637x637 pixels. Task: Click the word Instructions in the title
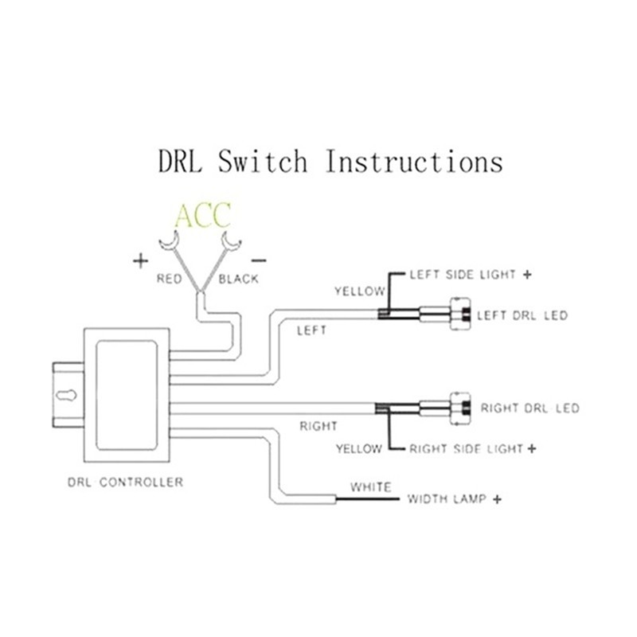pyautogui.click(x=414, y=162)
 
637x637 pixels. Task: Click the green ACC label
pyautogui.click(x=202, y=216)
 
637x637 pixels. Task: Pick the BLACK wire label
pyautogui.click(x=239, y=279)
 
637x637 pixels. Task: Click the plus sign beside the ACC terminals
pyautogui.click(x=140, y=260)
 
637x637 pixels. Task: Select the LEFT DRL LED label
pyautogui.click(x=522, y=315)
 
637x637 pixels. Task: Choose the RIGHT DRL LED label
pyautogui.click(x=530, y=408)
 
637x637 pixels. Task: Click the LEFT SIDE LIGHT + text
pyautogui.click(x=471, y=275)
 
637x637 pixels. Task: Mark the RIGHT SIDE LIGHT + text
pyautogui.click(x=473, y=448)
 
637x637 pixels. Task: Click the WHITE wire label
pyautogui.click(x=370, y=487)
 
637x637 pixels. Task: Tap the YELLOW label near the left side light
pyautogui.click(x=359, y=291)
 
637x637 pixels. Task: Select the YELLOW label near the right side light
pyautogui.click(x=358, y=448)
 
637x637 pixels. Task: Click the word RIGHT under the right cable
pyautogui.click(x=318, y=426)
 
